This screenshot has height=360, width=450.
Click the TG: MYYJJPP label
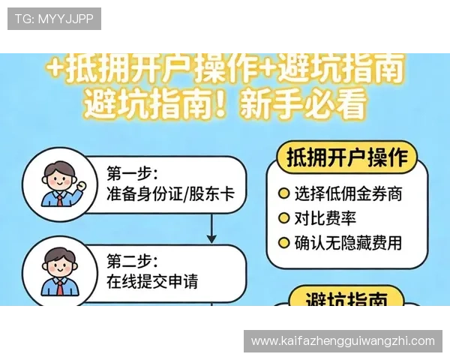click(54, 19)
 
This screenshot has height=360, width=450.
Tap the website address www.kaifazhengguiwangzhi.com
click(343, 341)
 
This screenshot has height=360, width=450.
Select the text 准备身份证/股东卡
click(171, 195)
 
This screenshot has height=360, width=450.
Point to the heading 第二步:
click(132, 261)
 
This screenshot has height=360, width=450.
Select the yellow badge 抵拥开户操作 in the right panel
click(347, 158)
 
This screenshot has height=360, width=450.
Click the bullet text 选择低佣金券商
click(348, 193)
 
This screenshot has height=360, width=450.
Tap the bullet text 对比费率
click(325, 218)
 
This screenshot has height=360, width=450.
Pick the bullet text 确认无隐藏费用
click(348, 242)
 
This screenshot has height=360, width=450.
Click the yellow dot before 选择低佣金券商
click(283, 193)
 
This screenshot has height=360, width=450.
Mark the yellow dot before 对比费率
click(283, 218)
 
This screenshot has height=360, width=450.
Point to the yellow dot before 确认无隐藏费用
click(283, 242)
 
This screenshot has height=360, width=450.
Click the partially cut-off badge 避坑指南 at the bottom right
click(347, 298)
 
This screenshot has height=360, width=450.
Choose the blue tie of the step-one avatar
click(58, 198)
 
